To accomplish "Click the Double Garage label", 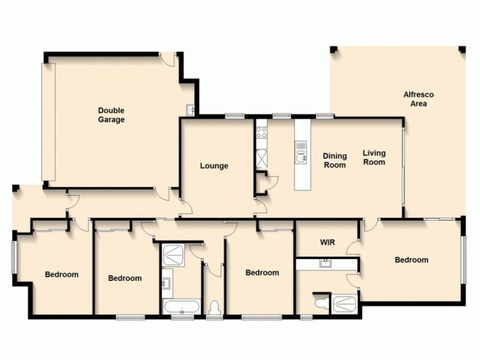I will click(x=112, y=115).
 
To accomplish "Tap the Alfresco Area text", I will click(x=418, y=99).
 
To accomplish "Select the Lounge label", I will click(x=214, y=166).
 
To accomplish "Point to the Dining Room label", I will click(x=335, y=160).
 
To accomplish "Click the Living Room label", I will click(x=374, y=157).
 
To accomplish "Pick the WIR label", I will click(x=327, y=243).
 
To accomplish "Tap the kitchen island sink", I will click(x=301, y=158).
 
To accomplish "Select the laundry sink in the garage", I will click(x=190, y=110).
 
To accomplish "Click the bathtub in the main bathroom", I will click(x=181, y=308).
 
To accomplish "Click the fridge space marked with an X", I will click(x=261, y=158).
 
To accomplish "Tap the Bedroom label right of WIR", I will click(x=411, y=260).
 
